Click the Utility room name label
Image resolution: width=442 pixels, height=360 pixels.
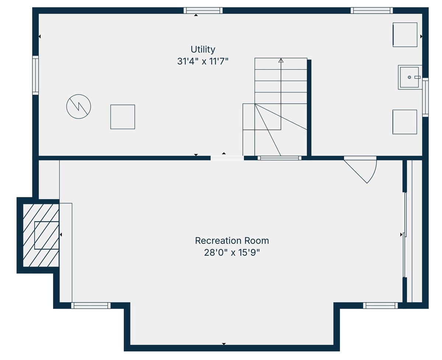tap(203, 50)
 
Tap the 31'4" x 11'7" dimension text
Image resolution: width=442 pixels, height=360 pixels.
tap(203, 61)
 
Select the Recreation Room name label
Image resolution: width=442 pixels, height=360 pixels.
tap(232, 241)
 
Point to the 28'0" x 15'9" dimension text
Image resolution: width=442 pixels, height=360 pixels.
tap(232, 253)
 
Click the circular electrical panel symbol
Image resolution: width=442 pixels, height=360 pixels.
tap(78, 106)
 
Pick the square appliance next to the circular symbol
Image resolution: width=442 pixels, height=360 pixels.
tap(123, 117)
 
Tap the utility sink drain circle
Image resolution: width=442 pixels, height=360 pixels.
tap(409, 77)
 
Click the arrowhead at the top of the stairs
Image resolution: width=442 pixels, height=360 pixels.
tap(281, 60)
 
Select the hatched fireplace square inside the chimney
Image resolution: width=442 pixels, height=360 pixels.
tap(47, 235)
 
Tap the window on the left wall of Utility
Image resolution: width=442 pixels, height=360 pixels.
tap(35, 75)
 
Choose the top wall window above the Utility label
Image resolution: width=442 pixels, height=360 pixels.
tap(203, 10)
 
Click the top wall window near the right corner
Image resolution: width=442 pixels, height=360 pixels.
tap(372, 10)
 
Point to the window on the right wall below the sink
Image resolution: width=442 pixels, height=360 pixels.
tap(425, 97)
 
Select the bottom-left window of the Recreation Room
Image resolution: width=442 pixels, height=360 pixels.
tap(91, 305)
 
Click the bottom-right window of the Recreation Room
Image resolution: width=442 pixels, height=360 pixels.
tap(380, 305)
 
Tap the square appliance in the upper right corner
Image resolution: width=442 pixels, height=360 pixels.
tap(405, 35)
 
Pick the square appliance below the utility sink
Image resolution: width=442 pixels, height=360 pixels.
tap(405, 122)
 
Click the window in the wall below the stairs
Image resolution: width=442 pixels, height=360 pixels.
tap(279, 158)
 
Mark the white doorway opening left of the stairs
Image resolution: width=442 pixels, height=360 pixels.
tap(227, 158)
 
